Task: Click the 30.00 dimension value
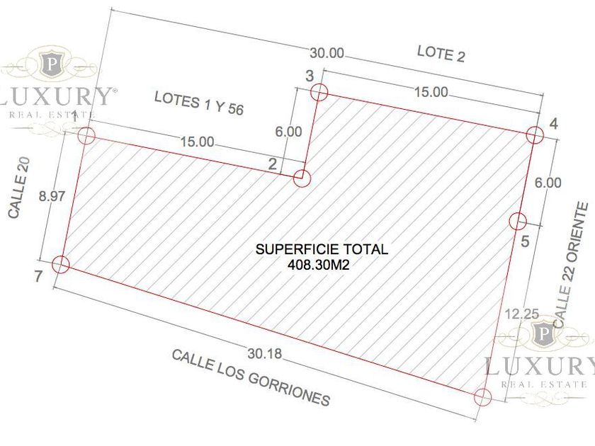pos(327,53)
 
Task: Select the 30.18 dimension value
pos(265,354)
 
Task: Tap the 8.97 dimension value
pos(52,197)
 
